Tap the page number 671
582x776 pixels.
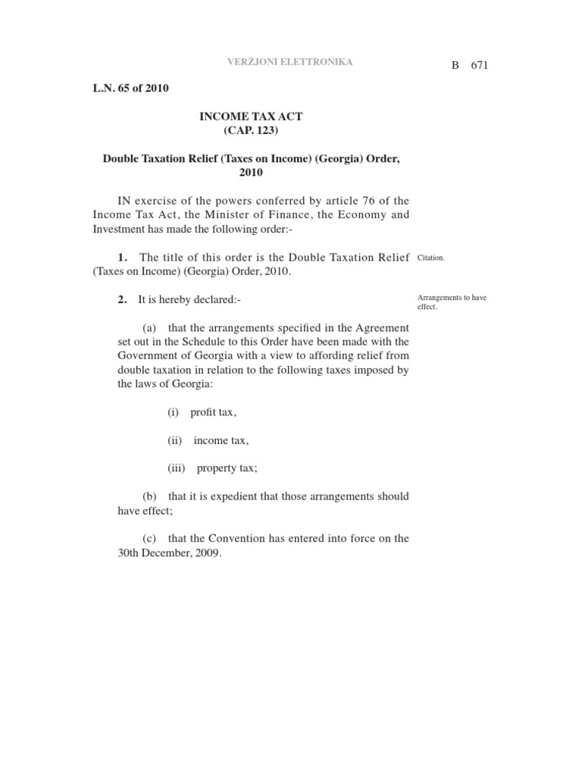[480, 66]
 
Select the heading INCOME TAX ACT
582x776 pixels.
[251, 117]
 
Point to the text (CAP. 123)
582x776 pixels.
[251, 130]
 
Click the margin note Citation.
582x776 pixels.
[431, 258]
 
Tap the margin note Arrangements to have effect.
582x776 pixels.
[452, 302]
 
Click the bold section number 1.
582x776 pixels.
[123, 258]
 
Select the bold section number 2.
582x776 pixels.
[122, 300]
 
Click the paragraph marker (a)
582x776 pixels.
[149, 327]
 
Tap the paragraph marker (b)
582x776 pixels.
[149, 496]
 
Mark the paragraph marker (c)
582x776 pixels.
[149, 539]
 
